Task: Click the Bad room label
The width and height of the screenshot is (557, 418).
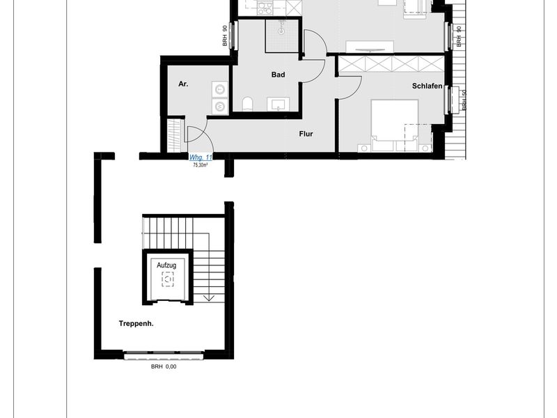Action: (x=278, y=75)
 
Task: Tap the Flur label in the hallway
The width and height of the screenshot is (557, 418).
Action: (x=306, y=134)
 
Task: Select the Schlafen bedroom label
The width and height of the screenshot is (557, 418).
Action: (x=427, y=86)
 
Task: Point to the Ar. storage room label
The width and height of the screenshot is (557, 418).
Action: (x=183, y=84)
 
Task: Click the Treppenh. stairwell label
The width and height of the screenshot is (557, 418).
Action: (x=136, y=324)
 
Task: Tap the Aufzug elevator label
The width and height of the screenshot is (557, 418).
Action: (x=166, y=265)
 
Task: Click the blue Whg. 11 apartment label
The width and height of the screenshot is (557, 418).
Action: (x=201, y=157)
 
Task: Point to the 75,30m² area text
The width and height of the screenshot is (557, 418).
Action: (x=201, y=165)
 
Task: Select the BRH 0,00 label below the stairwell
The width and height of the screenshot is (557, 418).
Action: (x=164, y=367)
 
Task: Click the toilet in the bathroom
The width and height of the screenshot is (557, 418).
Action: (x=248, y=104)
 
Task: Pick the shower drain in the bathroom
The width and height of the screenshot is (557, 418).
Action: (x=282, y=31)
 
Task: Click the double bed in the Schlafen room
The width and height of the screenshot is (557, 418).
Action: (x=394, y=125)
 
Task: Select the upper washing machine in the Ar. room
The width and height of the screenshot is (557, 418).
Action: (x=220, y=89)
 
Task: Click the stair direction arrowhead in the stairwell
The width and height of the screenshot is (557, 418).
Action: (x=209, y=298)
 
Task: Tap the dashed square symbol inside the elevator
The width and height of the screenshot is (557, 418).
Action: (x=168, y=279)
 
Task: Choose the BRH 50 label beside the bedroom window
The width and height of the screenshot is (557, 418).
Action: (x=464, y=100)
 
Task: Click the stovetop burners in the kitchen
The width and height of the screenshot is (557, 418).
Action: (x=264, y=8)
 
